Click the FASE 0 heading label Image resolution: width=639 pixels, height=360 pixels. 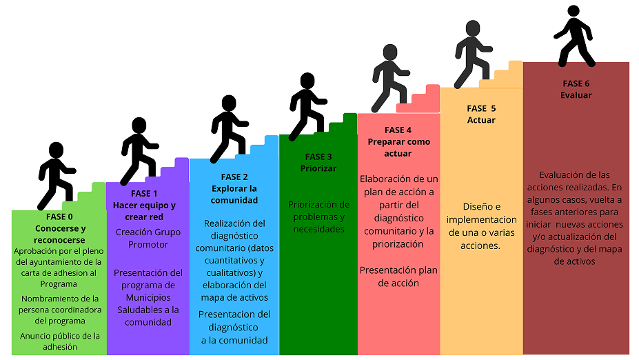(59, 217)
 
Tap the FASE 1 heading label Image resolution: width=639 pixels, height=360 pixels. (144, 193)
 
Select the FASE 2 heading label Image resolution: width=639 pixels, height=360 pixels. (234, 177)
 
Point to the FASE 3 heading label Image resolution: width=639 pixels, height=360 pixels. (318, 157)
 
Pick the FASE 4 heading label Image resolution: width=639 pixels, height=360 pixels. (398, 130)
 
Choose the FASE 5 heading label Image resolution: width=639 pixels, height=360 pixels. (481, 108)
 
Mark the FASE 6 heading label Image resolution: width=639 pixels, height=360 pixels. (576, 84)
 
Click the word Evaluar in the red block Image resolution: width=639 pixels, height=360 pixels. (576, 95)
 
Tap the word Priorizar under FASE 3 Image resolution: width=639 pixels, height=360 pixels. (318, 168)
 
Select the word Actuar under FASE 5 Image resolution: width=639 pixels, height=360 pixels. (481, 120)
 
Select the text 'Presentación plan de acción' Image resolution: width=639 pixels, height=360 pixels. (398, 277)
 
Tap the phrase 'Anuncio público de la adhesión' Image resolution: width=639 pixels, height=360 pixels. (59, 341)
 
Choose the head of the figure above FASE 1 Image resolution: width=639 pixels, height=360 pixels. (139, 126)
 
